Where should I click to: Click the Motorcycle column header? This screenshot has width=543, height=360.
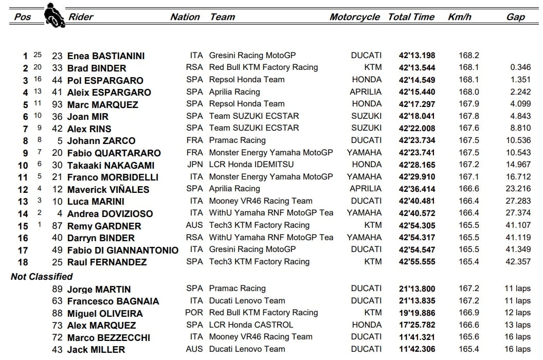coord(354,17)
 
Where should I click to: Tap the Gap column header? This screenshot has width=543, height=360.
coord(515,17)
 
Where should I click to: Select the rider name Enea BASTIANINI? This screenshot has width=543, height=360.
coord(106,56)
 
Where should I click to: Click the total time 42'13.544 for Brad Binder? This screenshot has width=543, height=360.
coord(417,68)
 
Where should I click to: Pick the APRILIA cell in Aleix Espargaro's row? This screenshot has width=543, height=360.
coord(366,92)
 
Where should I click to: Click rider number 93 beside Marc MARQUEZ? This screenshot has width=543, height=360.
coord(57,104)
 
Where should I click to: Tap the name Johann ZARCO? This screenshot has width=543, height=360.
coord(101,141)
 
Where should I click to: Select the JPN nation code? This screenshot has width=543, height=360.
coord(195,165)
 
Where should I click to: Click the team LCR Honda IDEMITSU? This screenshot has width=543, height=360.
coord(251,165)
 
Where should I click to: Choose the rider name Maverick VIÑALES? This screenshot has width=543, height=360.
coord(108,189)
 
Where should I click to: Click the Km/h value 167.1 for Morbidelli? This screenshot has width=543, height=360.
coord(469,177)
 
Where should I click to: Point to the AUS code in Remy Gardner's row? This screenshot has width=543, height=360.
coord(194,225)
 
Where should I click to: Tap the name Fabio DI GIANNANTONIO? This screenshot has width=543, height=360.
coord(123,250)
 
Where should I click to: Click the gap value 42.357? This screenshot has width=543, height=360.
coord(518,262)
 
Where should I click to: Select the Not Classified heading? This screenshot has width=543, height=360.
coord(42,277)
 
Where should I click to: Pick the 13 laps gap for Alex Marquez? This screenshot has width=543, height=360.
coord(517,325)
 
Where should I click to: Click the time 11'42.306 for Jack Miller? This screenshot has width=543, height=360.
coord(417,349)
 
